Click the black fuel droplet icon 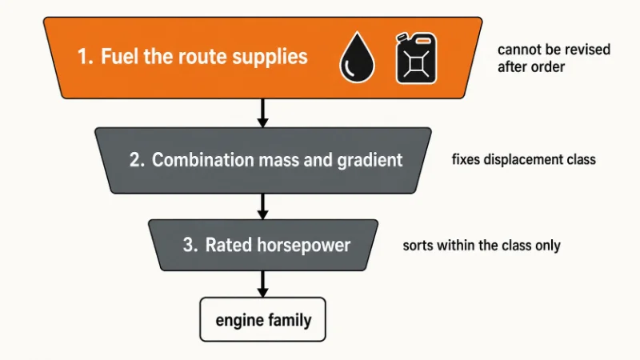357,57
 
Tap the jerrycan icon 416,58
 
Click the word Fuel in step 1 118,56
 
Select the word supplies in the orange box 270,57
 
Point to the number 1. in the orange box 86,56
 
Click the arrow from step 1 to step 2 263,113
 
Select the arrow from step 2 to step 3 263,206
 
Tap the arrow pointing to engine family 263,284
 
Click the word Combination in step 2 203,159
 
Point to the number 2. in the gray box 137,159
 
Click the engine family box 263,319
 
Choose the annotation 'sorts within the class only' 482,246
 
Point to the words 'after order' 531,67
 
